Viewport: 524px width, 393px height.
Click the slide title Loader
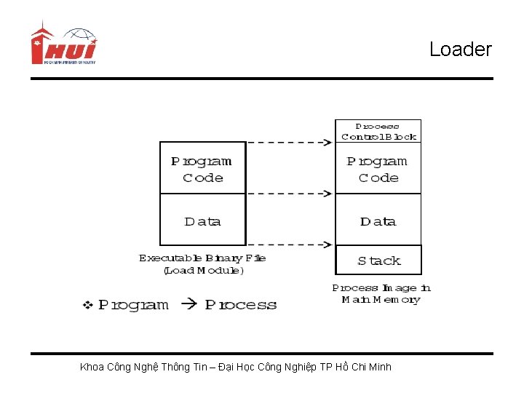(x=460, y=49)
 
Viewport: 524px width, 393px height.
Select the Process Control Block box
(x=378, y=131)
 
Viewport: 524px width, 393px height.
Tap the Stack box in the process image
(x=378, y=261)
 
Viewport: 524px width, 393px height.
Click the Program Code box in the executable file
(x=202, y=169)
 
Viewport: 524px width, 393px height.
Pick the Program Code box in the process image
(x=378, y=169)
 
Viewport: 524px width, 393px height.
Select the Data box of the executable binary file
(x=202, y=221)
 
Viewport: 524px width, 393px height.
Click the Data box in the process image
(x=378, y=221)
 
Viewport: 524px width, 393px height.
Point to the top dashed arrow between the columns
(x=290, y=143)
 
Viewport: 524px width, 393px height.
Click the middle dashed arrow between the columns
(x=290, y=194)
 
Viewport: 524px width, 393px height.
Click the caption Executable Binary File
(x=202, y=258)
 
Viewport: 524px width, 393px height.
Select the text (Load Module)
(x=204, y=270)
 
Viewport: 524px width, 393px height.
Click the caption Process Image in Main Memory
(x=381, y=293)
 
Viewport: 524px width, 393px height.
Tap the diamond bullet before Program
(x=87, y=305)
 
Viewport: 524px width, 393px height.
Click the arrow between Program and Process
(x=188, y=305)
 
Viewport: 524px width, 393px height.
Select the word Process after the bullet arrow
(x=241, y=305)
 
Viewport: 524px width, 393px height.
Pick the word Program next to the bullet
(x=133, y=305)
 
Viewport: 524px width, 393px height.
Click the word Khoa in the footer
(x=92, y=367)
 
